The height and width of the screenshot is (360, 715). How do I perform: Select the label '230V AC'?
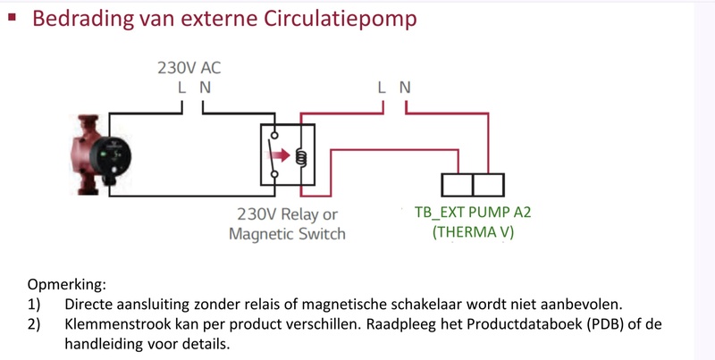click(189, 68)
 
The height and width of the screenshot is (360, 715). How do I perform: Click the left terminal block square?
click(458, 184)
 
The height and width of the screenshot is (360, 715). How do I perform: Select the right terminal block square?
click(488, 184)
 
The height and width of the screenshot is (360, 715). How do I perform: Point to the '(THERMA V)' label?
click(474, 234)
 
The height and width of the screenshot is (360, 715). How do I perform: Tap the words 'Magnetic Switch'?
click(287, 234)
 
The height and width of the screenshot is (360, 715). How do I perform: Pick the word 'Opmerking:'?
click(67, 285)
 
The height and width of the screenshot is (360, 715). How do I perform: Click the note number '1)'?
click(34, 305)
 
